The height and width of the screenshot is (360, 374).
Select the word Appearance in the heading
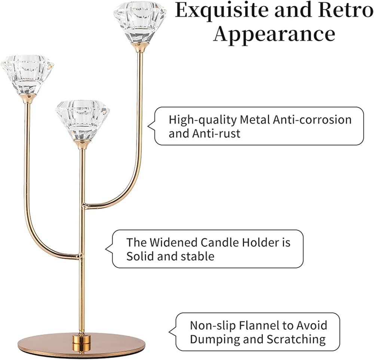(x=275, y=34)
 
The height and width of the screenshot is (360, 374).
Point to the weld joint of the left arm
(x=80, y=256)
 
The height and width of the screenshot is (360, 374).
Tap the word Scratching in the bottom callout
(x=296, y=339)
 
